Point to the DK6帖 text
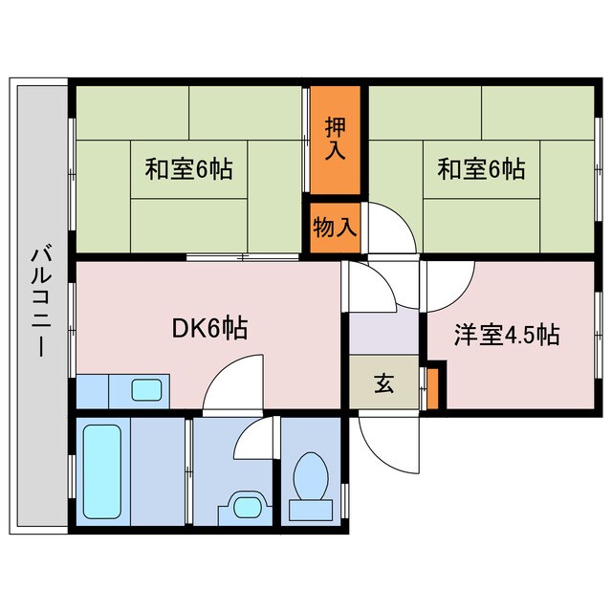point(209,330)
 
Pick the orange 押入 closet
point(335,139)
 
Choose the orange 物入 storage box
point(335,228)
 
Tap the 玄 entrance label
point(383,383)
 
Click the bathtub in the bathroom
point(102,469)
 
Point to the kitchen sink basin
point(146,389)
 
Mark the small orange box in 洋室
point(432,384)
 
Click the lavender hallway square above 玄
point(383,334)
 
